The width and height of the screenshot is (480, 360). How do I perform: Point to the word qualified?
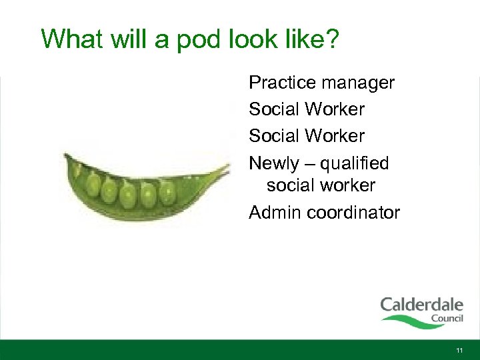[x=355, y=164]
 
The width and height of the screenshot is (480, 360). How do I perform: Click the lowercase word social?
[x=291, y=185]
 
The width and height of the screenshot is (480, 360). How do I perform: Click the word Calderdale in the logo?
[x=421, y=306]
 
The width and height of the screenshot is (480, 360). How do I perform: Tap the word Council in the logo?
[x=446, y=318]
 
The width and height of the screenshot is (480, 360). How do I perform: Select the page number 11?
[x=459, y=350]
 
